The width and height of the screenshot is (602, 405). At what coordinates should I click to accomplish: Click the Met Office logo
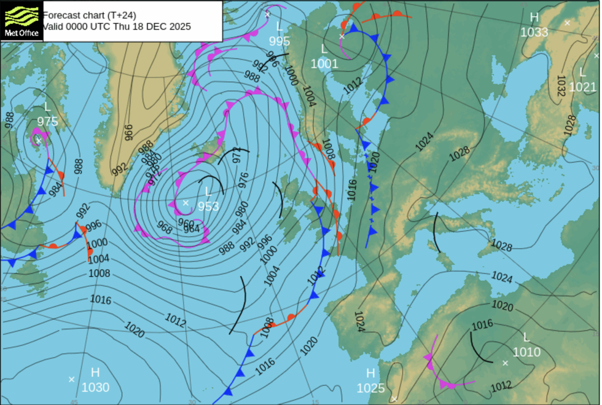pyautogui.click(x=21, y=20)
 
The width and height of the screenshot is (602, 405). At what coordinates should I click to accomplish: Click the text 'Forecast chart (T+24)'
pyautogui.click(x=89, y=14)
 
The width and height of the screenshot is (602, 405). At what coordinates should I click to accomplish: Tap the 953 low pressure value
pyautogui.click(x=208, y=206)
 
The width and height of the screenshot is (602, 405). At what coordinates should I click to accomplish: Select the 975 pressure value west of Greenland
pyautogui.click(x=47, y=121)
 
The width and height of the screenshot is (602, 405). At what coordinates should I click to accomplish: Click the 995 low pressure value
pyautogui.click(x=279, y=41)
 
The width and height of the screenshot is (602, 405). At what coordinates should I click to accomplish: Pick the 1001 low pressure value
pyautogui.click(x=324, y=63)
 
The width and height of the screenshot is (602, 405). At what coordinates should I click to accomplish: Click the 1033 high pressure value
pyautogui.click(x=534, y=32)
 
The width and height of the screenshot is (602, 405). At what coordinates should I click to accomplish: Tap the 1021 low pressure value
pyautogui.click(x=582, y=87)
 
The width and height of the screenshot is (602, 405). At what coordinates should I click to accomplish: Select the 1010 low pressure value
pyautogui.click(x=526, y=352)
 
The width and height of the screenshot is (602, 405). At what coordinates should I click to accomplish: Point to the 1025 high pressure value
pyautogui.click(x=371, y=388)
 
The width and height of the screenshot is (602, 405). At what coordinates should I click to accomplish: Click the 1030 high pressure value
pyautogui.click(x=95, y=387)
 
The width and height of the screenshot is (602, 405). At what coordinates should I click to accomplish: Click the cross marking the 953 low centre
pyautogui.click(x=186, y=203)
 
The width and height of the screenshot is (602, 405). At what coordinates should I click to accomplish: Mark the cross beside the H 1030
pyautogui.click(x=71, y=379)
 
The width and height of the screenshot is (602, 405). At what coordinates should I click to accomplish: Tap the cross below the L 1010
pyautogui.click(x=506, y=363)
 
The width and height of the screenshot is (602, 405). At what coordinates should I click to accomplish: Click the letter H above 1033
pyautogui.click(x=534, y=17)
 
